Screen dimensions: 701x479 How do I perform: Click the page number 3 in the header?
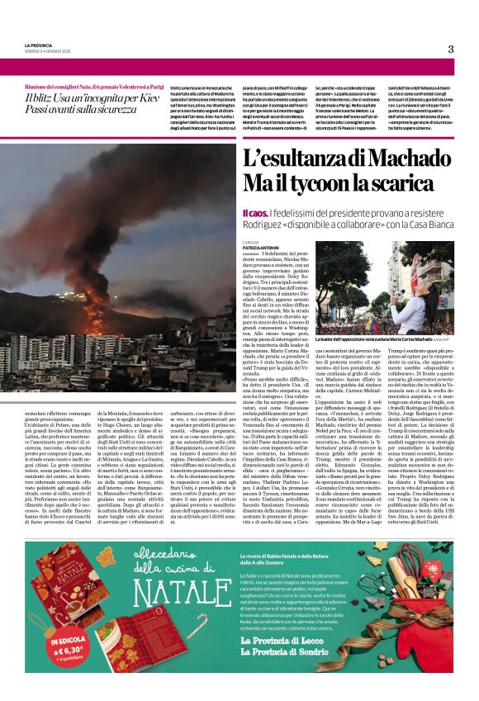pos(451,49)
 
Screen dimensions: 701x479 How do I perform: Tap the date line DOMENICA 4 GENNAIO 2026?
pos(47,51)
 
